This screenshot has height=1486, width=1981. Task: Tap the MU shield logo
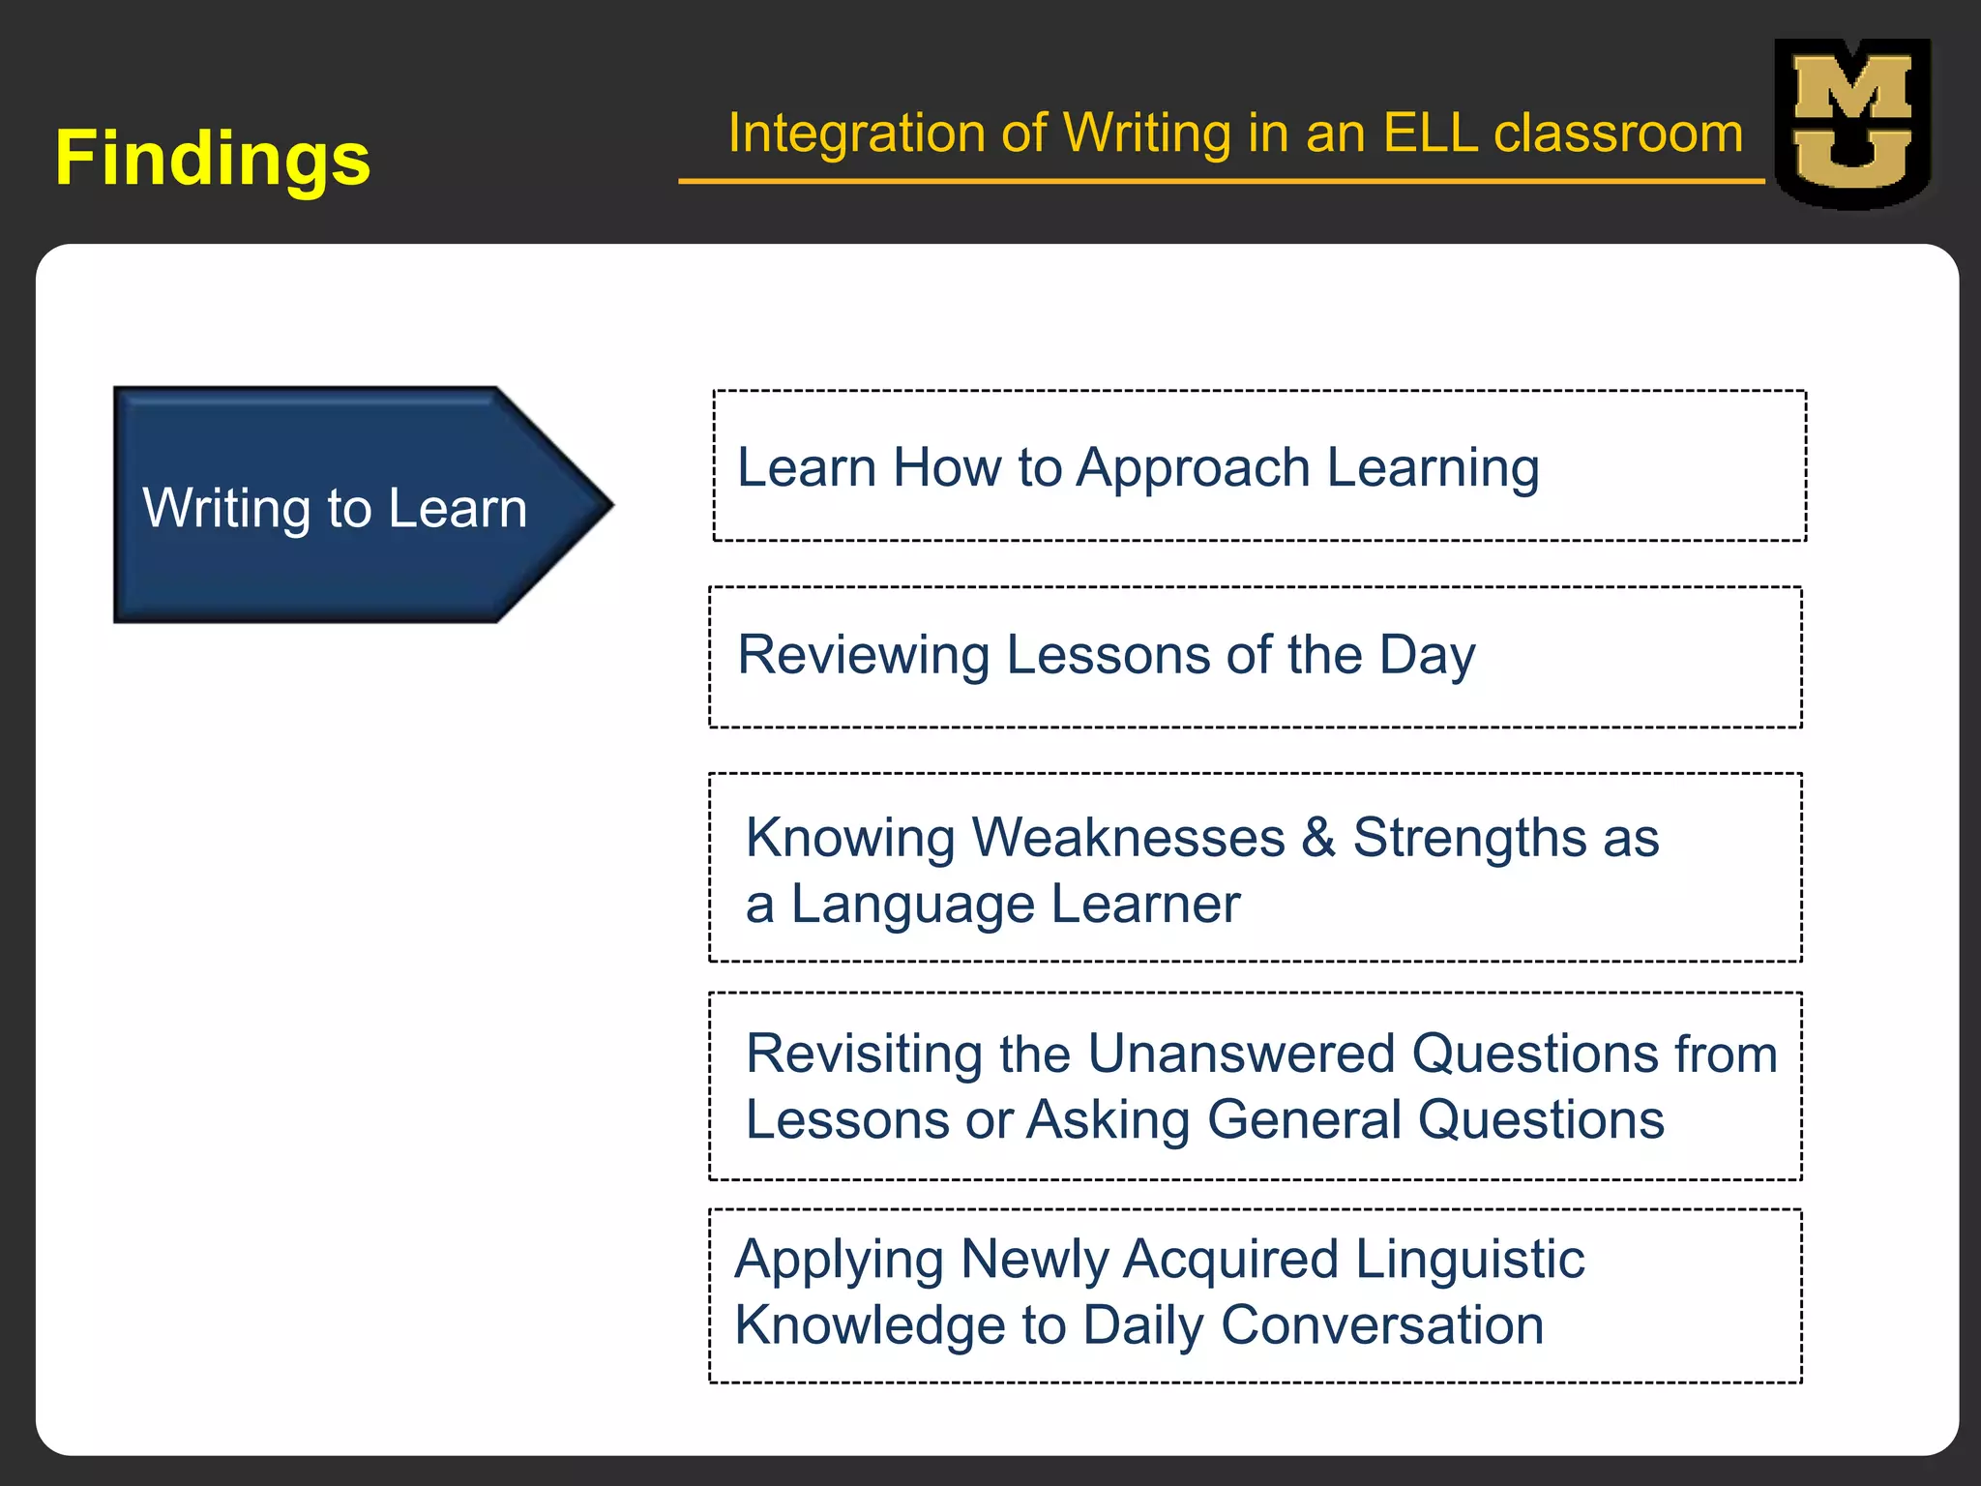pyautogui.click(x=1852, y=124)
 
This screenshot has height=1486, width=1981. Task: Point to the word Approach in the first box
pyautogui.click(x=1193, y=468)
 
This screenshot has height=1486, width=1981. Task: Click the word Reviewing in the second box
pyautogui.click(x=863, y=655)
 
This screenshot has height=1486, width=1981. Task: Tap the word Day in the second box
pyautogui.click(x=1427, y=655)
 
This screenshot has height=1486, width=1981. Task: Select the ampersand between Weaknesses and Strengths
pyautogui.click(x=1317, y=837)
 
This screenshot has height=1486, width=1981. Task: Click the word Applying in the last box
pyautogui.click(x=839, y=1260)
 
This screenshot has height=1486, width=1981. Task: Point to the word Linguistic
pyautogui.click(x=1469, y=1260)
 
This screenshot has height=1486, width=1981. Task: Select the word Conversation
pyautogui.click(x=1382, y=1324)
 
